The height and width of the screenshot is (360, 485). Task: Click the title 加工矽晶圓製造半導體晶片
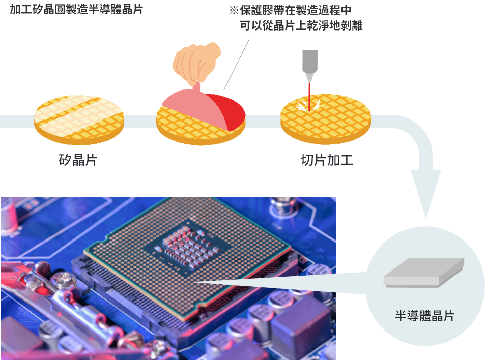[76, 9]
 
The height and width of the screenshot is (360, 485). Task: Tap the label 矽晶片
[78, 160]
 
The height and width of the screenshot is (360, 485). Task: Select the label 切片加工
[327, 160]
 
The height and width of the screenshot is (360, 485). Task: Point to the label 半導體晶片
[424, 316]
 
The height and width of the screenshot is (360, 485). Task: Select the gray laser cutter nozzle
[309, 65]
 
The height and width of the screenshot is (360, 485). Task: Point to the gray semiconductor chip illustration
[424, 273]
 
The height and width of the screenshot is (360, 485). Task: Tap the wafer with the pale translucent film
[79, 120]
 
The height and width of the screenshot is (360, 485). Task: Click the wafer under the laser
[326, 119]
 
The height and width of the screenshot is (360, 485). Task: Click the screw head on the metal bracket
[64, 279]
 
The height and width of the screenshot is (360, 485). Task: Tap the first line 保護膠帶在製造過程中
[296, 10]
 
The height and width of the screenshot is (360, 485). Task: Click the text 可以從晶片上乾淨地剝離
[301, 25]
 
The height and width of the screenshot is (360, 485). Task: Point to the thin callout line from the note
[237, 65]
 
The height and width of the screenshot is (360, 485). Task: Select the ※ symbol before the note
[234, 10]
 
